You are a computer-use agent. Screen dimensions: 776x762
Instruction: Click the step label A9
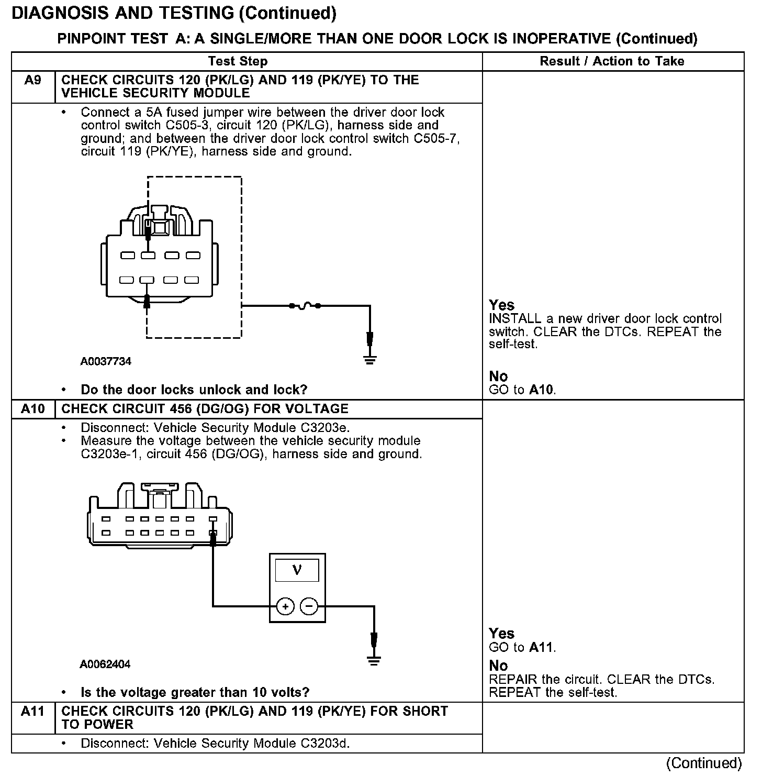click(32, 80)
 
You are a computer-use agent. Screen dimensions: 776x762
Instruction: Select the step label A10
click(32, 408)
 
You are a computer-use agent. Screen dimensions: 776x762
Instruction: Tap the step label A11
click(32, 711)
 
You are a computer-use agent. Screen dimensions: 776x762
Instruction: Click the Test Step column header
click(238, 61)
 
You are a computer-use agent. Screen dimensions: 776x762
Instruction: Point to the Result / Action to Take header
click(612, 61)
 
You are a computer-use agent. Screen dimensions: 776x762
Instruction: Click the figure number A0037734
click(106, 361)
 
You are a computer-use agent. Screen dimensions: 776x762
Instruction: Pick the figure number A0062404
click(105, 664)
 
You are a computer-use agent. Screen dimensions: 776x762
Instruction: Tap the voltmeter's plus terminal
click(285, 606)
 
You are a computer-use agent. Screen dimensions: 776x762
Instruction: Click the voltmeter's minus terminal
click(309, 606)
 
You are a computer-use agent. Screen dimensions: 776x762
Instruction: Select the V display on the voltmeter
click(297, 570)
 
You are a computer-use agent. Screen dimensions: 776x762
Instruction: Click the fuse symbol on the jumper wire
click(305, 305)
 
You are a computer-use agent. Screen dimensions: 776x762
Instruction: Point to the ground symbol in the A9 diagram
click(370, 359)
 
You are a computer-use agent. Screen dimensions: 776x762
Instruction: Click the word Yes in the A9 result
click(501, 305)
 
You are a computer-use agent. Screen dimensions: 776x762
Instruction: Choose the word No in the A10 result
click(498, 666)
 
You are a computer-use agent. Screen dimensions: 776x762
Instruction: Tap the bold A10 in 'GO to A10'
click(542, 390)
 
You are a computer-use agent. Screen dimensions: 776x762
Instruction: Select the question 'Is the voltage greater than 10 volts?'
click(195, 692)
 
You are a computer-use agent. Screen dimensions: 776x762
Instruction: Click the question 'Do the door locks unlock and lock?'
click(194, 390)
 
